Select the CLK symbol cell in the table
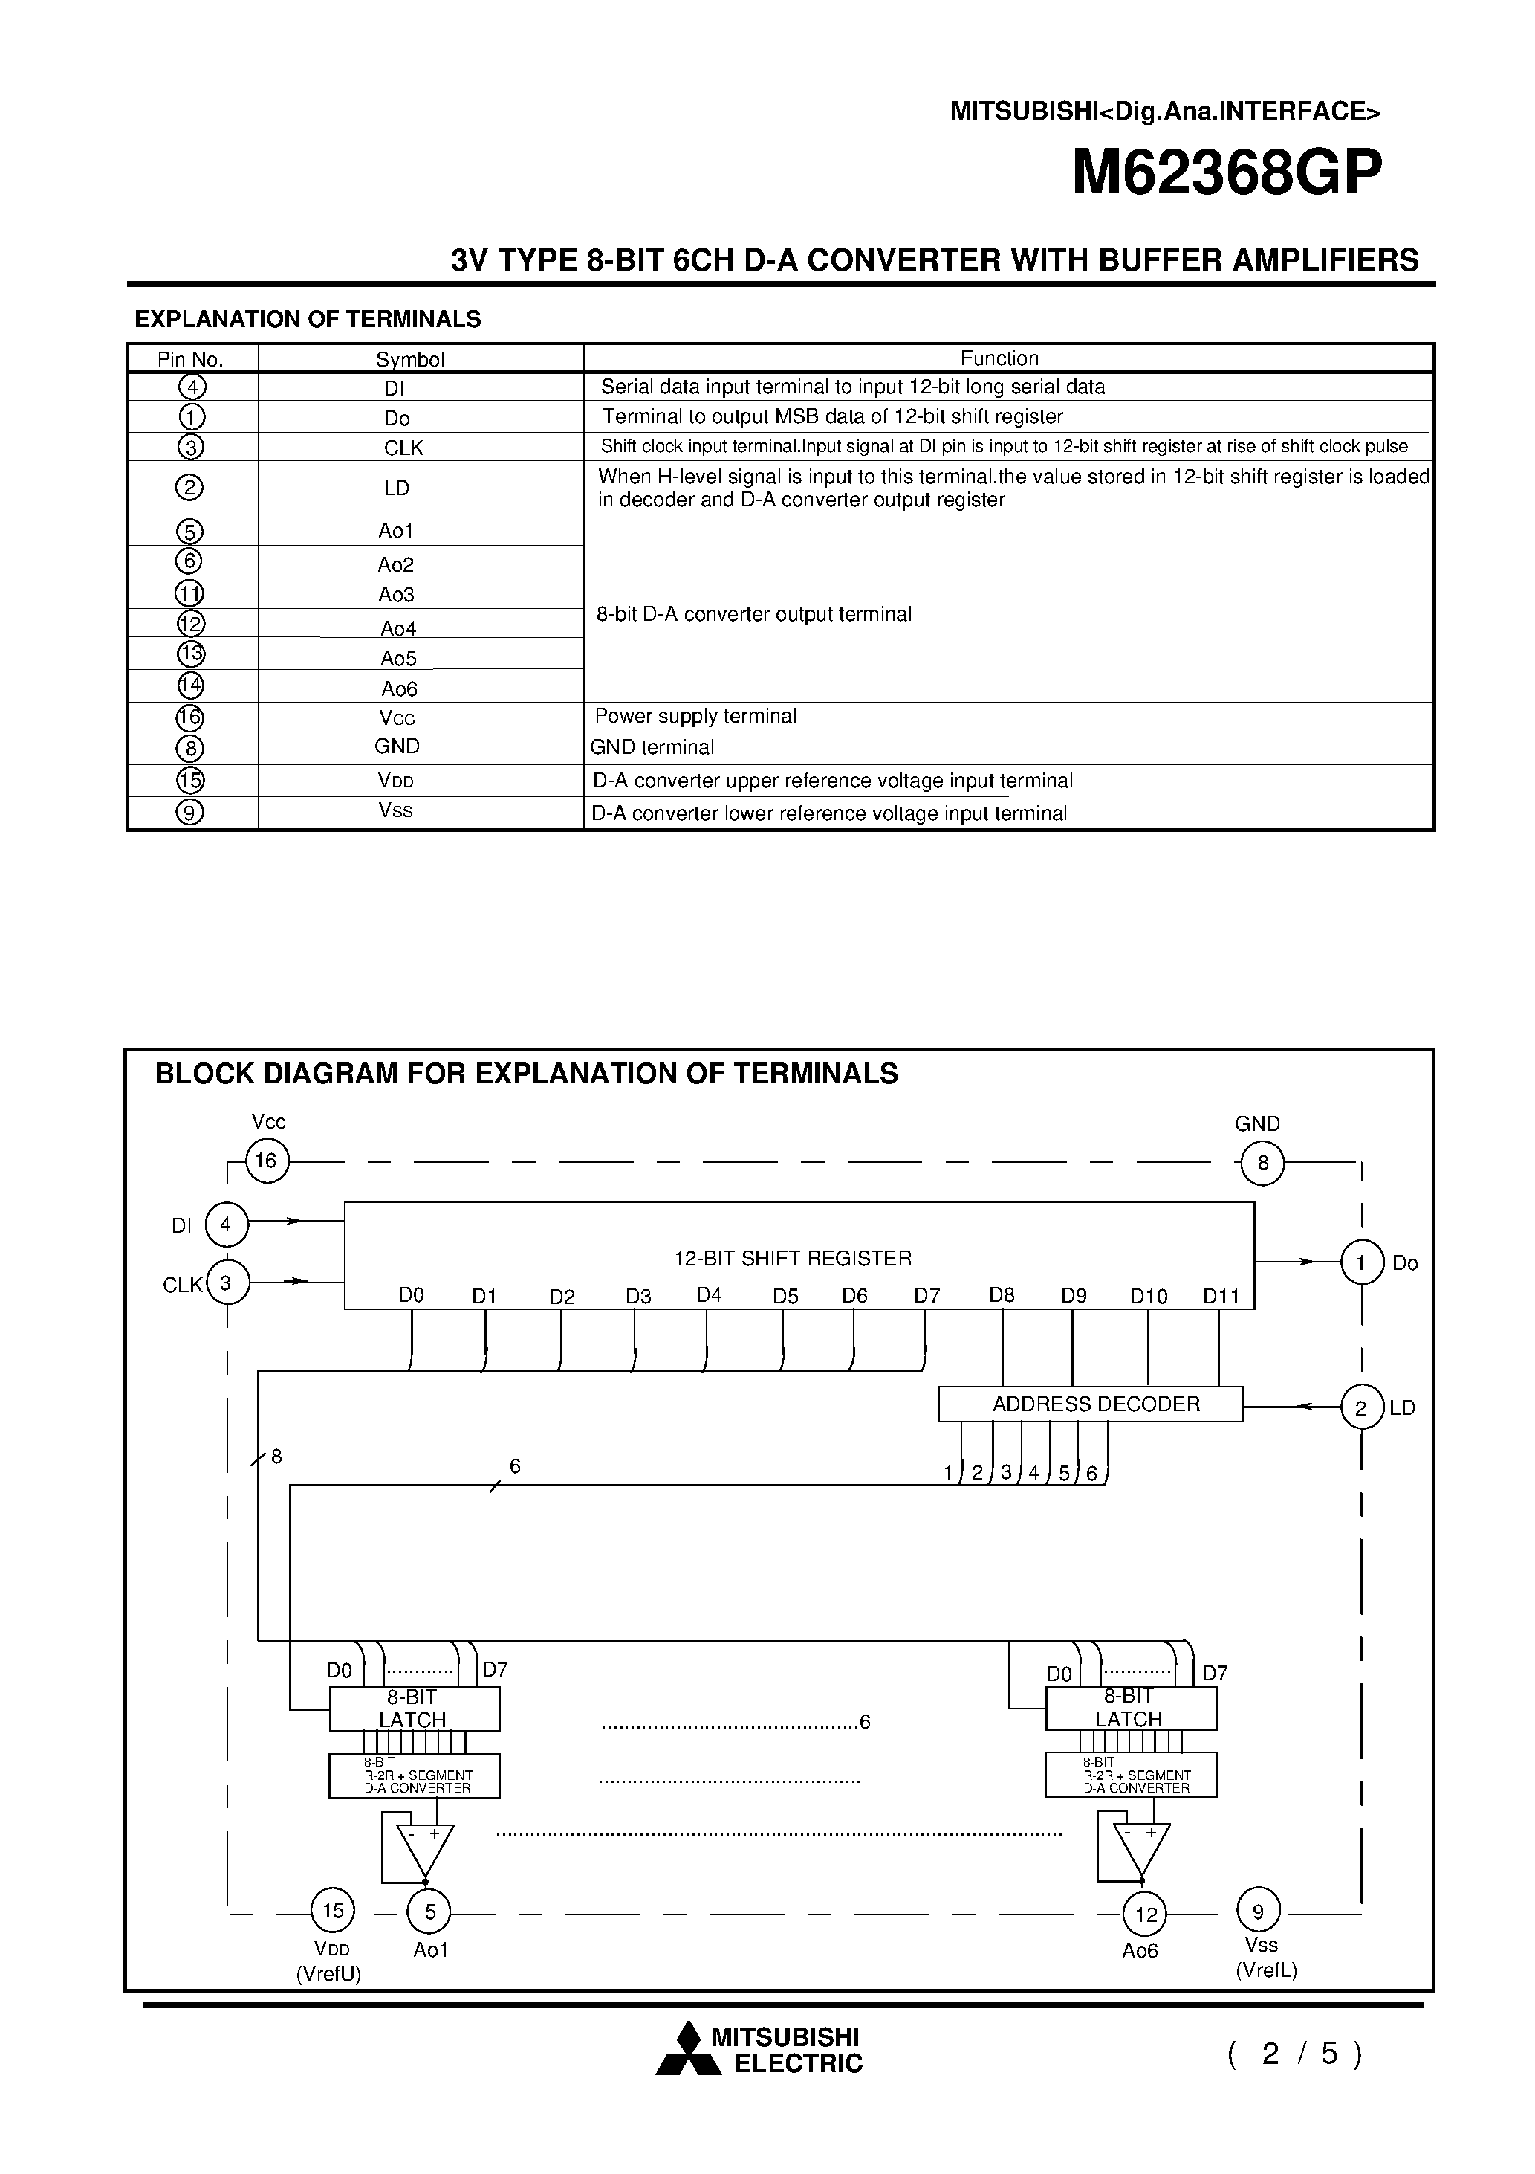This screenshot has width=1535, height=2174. pyautogui.click(x=403, y=448)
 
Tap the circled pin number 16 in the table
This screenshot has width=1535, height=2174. pyautogui.click(x=190, y=717)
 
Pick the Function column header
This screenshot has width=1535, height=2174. pyautogui.click(x=999, y=358)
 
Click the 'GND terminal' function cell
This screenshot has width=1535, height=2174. pyautogui.click(x=652, y=747)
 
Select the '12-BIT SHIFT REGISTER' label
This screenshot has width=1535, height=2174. pyautogui.click(x=792, y=1259)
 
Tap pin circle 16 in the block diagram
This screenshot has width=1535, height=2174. pyautogui.click(x=267, y=1161)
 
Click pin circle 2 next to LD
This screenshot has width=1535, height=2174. pyautogui.click(x=1361, y=1408)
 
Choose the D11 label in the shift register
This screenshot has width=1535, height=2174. pyautogui.click(x=1221, y=1296)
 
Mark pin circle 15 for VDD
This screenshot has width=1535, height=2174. pyautogui.click(x=333, y=1911)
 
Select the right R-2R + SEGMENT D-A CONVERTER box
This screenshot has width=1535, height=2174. pyautogui.click(x=1131, y=1775)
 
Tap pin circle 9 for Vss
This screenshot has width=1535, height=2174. pyautogui.click(x=1258, y=1911)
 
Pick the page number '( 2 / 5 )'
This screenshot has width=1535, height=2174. pyautogui.click(x=1294, y=2053)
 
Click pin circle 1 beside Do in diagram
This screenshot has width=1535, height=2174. pyautogui.click(x=1361, y=1262)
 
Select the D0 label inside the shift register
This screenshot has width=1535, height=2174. pyautogui.click(x=412, y=1295)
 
